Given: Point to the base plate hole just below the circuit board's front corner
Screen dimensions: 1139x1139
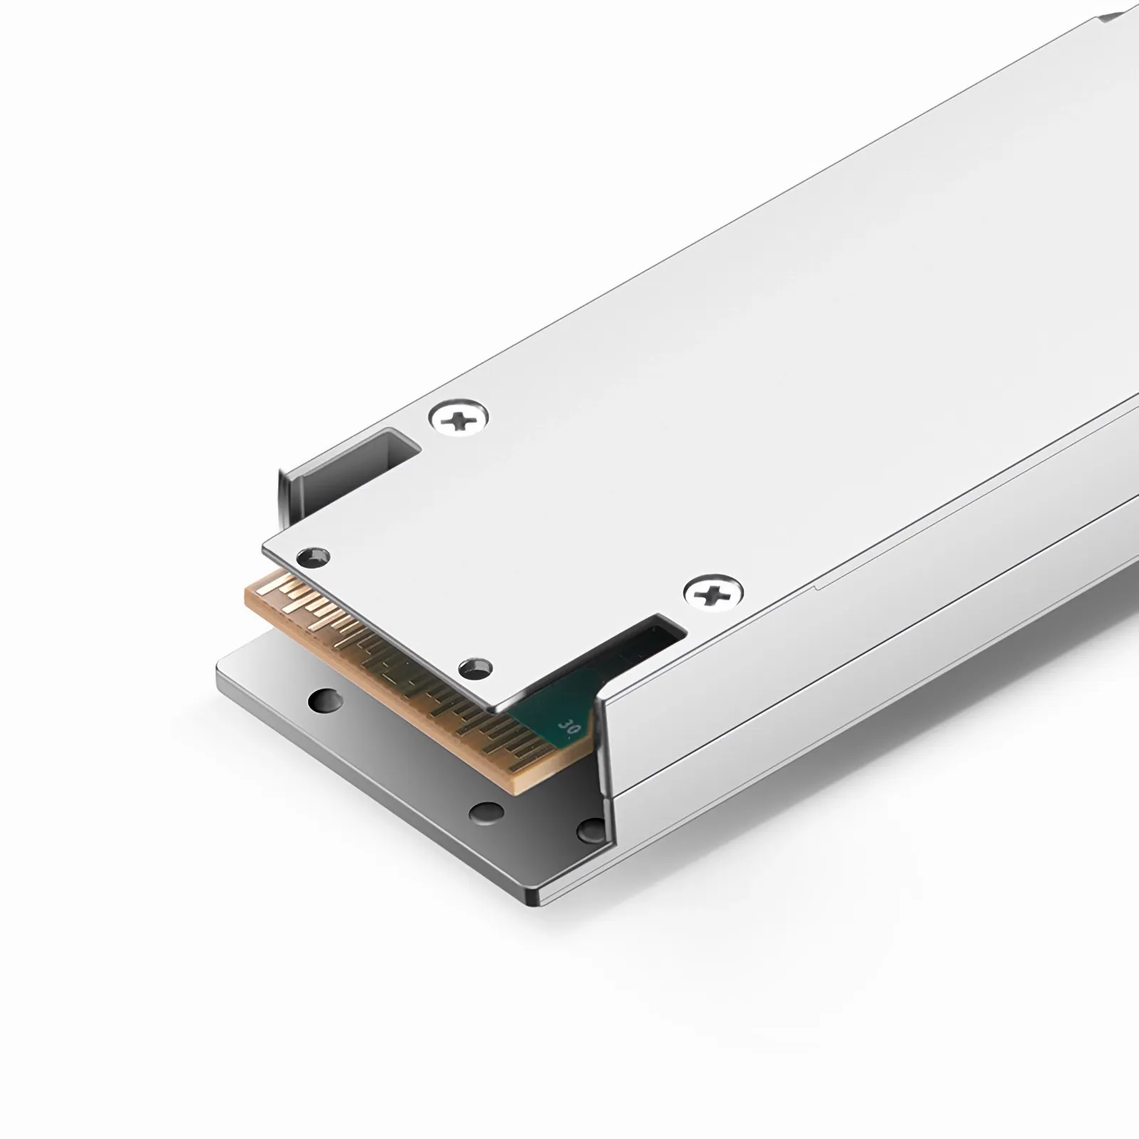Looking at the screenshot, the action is [488, 811].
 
